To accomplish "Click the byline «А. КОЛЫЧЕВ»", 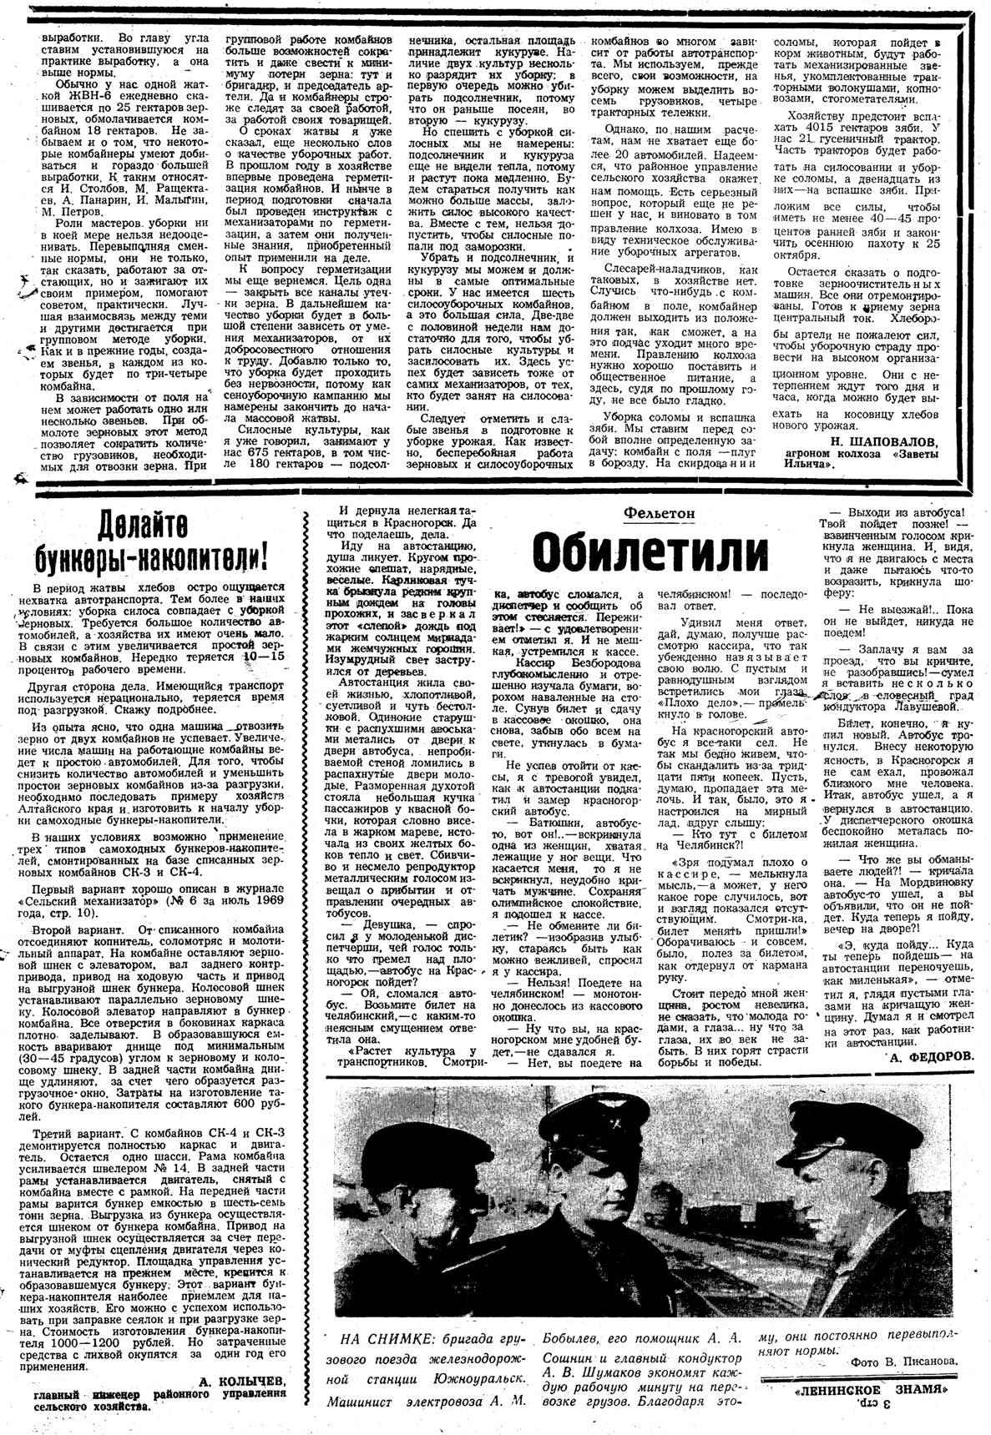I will click(243, 1381).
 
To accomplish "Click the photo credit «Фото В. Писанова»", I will click(905, 1361).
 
